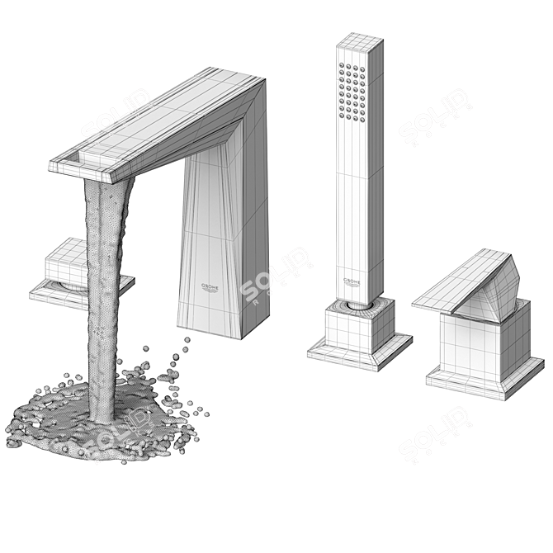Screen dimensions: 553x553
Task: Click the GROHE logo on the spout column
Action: coord(211,286)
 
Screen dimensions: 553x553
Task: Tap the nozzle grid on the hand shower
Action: coord(352,86)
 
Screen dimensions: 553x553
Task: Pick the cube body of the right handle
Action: coord(483,343)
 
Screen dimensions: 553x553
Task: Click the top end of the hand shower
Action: coord(360,41)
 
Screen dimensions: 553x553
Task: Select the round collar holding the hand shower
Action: coord(358,304)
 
